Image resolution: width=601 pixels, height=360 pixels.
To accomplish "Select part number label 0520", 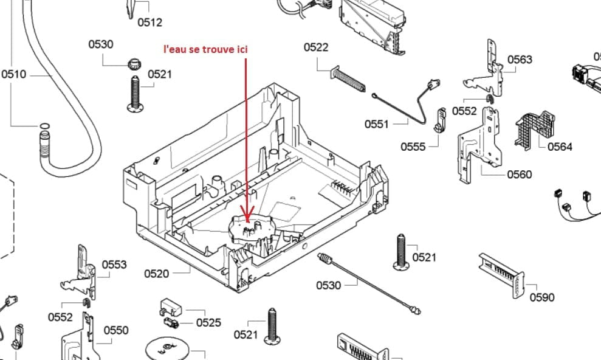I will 156,274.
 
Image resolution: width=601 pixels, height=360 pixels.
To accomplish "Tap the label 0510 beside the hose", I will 13,74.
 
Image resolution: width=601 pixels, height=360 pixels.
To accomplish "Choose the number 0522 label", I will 316,47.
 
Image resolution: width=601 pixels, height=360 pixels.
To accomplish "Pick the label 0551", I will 376,124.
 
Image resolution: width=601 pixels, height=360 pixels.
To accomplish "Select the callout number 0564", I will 560,146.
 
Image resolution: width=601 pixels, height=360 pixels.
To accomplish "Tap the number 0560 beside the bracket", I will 519,175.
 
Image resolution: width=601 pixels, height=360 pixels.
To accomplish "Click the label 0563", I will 520,59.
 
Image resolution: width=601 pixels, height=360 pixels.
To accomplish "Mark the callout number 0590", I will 542,297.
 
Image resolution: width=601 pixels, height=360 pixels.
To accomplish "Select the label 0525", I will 208,322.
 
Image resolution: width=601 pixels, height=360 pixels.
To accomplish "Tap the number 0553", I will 114,264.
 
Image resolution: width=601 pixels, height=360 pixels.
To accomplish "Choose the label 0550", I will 115,330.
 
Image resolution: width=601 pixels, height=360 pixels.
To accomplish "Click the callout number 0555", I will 413,147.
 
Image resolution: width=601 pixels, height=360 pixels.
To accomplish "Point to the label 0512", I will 149,22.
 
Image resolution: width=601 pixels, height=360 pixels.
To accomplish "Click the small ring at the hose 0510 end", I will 44,126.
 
